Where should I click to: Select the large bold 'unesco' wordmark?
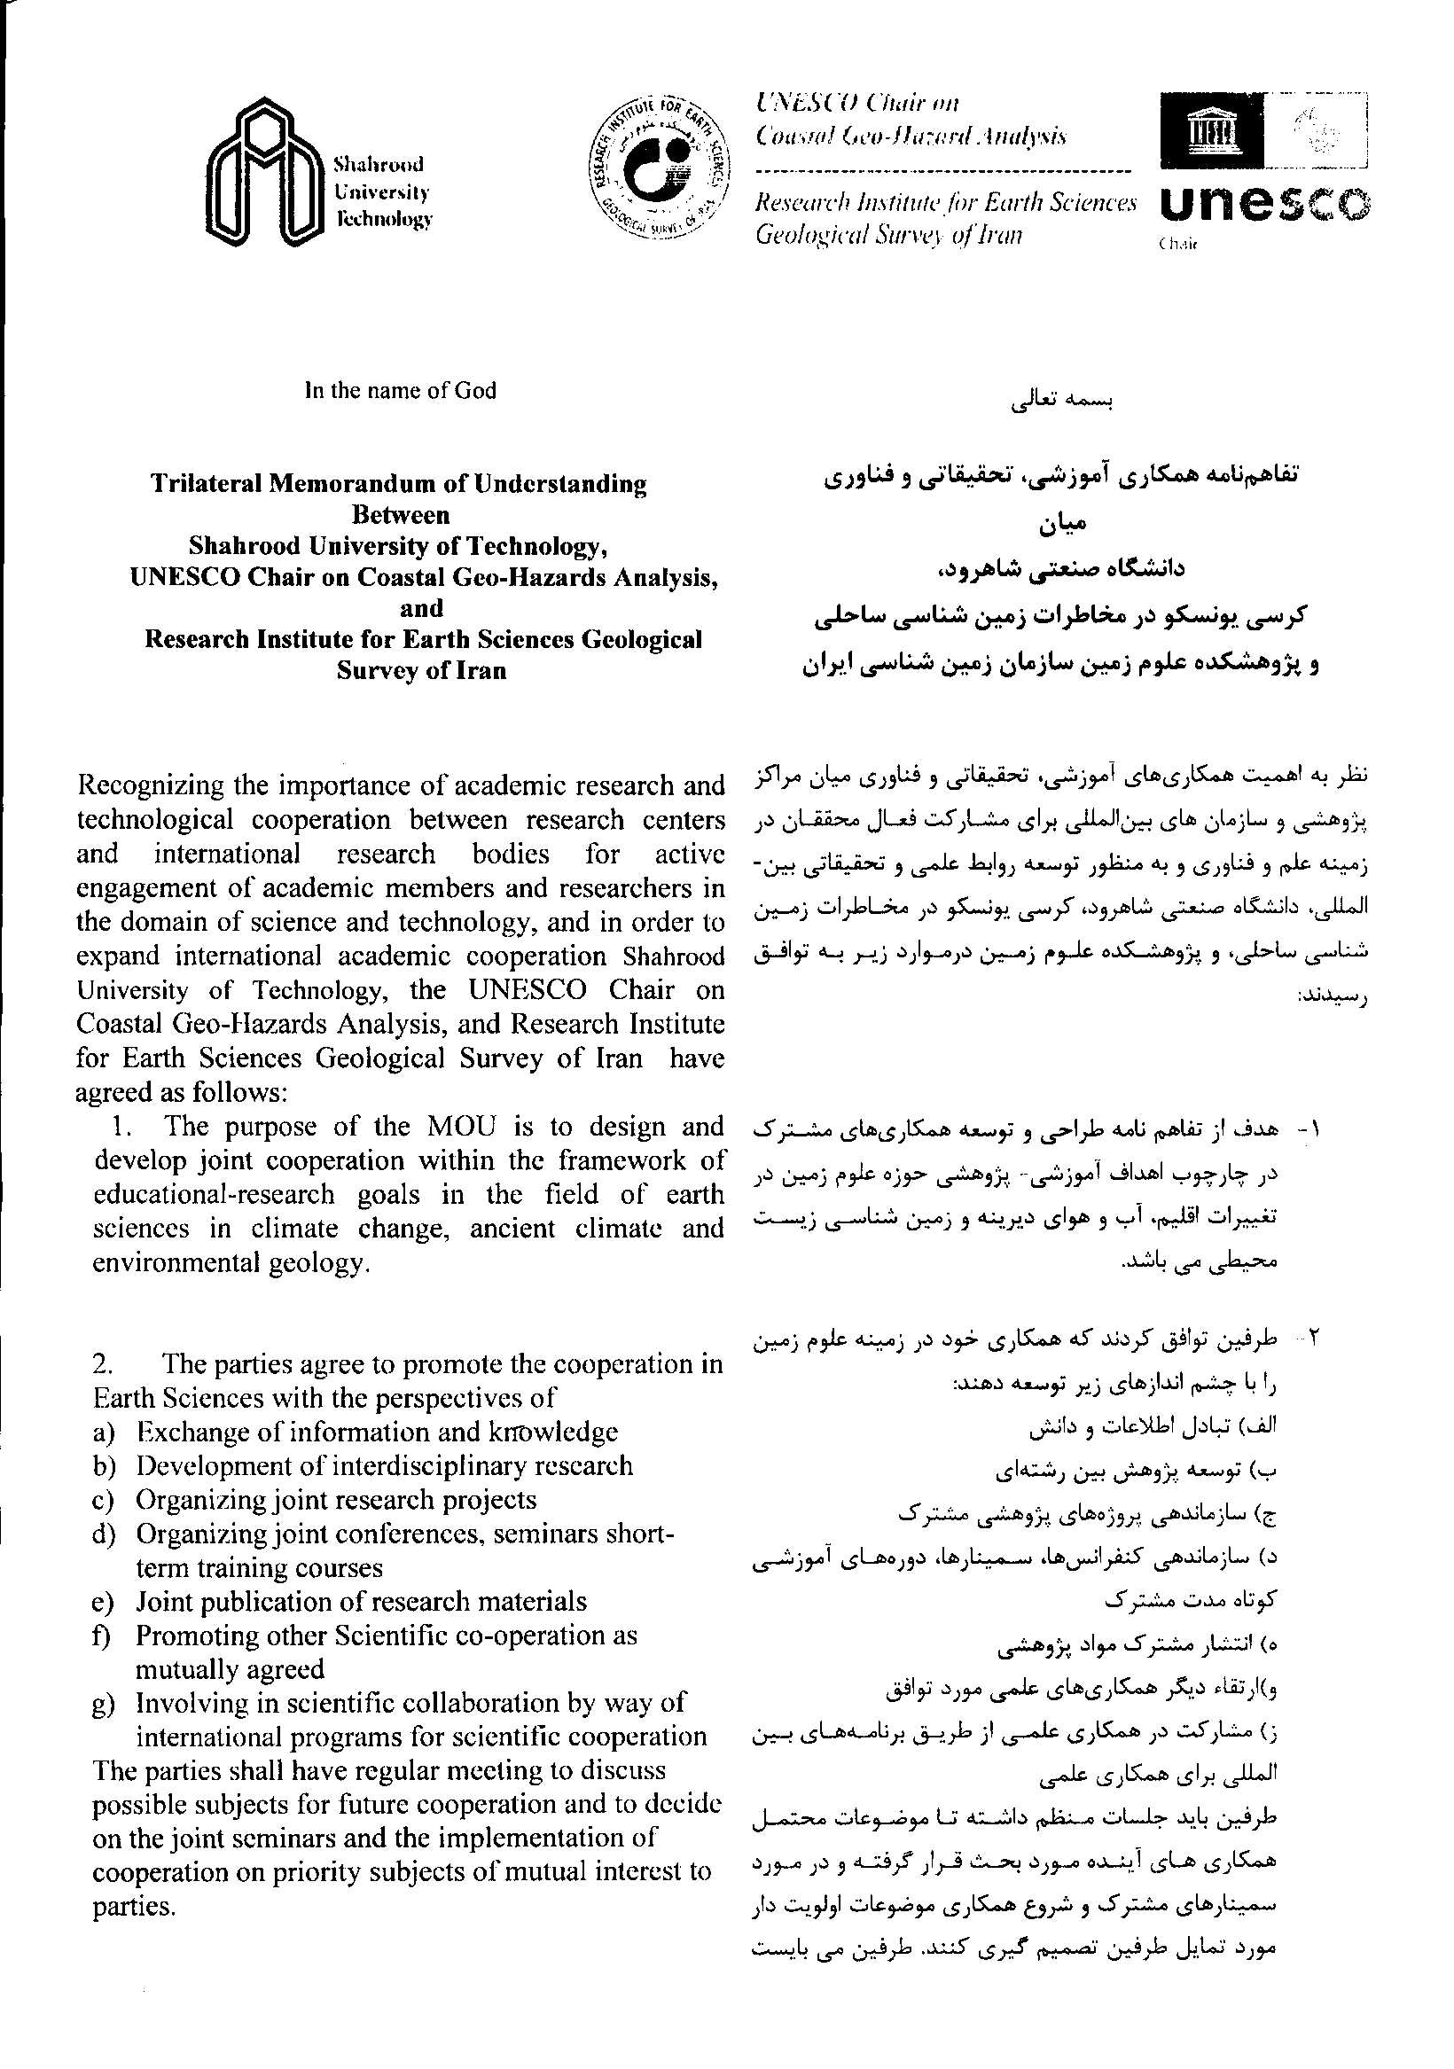pos(1264,207)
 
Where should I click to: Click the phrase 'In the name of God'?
pos(400,390)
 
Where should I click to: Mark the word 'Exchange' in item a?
pos(188,1432)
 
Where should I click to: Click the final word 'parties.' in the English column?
pos(134,1907)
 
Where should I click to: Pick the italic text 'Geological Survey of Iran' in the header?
pos(889,236)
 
